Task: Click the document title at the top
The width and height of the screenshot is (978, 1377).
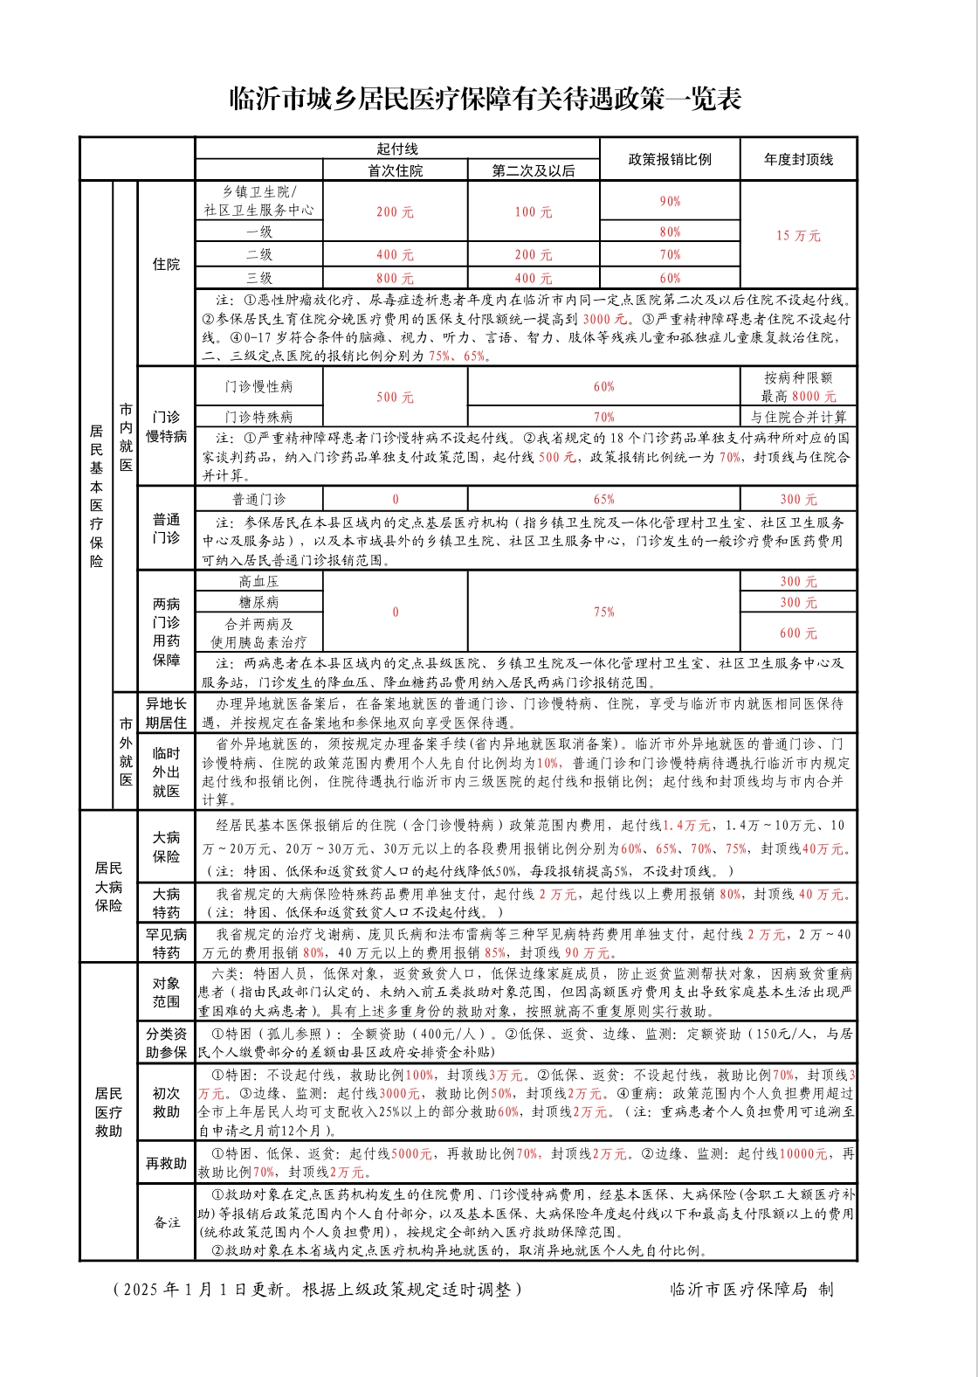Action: [486, 99]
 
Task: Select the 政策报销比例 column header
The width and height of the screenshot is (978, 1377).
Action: [670, 159]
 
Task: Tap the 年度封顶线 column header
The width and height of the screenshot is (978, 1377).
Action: [798, 159]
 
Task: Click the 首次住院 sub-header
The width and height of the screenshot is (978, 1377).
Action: [395, 170]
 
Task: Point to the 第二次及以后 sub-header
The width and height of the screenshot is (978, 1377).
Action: [534, 170]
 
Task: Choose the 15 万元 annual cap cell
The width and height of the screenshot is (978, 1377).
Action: [798, 235]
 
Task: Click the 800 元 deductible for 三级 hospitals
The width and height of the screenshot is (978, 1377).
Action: [395, 278]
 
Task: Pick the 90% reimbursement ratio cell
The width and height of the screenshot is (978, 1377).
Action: [670, 201]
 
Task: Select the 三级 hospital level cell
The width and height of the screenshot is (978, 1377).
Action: [259, 278]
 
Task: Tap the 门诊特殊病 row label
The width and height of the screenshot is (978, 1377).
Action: [259, 417]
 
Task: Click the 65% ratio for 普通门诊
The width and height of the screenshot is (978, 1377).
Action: [603, 500]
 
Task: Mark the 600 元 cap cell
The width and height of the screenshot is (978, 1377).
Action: [798, 633]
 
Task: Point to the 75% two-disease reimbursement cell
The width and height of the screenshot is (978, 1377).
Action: [603, 612]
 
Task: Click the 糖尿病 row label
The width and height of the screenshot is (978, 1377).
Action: [259, 602]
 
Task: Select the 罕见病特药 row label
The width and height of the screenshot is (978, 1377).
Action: [166, 944]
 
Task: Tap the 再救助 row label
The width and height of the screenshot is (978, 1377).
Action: [166, 1163]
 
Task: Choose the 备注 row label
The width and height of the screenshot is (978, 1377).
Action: [166, 1221]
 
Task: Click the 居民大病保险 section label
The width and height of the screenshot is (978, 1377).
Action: [108, 887]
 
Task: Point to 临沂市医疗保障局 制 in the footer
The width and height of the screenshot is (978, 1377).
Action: [751, 1289]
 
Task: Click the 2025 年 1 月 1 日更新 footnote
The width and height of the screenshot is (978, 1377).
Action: [318, 1289]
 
